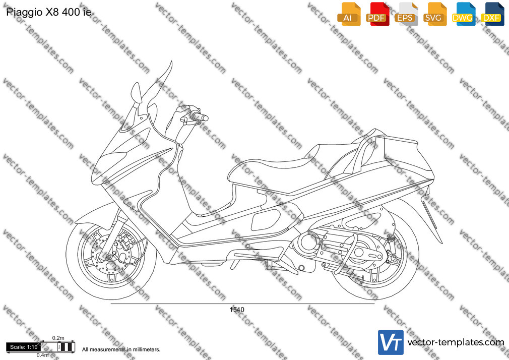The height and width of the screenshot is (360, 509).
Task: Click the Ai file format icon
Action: (x=349, y=14)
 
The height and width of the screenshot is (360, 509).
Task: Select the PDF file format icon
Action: (x=377, y=14)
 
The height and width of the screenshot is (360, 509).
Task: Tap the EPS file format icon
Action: (x=406, y=14)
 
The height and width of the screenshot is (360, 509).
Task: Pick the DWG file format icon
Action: (x=464, y=14)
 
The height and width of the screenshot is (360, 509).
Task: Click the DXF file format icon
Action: (x=492, y=14)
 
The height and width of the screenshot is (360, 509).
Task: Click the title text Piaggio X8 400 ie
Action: (x=49, y=12)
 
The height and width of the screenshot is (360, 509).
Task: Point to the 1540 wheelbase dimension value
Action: (x=237, y=310)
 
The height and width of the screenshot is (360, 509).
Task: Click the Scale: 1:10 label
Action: (x=24, y=347)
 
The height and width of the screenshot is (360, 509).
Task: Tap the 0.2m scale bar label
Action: (x=58, y=338)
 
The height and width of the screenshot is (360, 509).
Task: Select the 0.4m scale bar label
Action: (x=42, y=355)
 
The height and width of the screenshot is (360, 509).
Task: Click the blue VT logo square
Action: (x=391, y=342)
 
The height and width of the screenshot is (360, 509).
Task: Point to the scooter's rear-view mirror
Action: (x=136, y=93)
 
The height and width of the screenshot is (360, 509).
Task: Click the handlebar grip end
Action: (x=205, y=118)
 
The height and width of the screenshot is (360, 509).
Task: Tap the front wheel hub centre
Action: (x=109, y=257)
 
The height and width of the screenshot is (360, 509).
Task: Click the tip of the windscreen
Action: (x=171, y=62)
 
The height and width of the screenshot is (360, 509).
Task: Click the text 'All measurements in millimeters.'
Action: (x=121, y=349)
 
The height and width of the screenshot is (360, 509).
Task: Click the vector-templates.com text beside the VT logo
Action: (x=456, y=342)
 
